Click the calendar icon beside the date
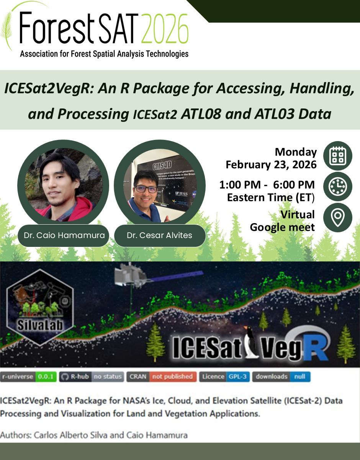point(337,156)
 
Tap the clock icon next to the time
point(337,186)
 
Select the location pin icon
point(337,217)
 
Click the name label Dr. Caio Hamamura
point(64,235)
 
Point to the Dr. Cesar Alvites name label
point(159,235)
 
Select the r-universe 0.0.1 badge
point(29,376)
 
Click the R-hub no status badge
point(92,376)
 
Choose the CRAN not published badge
point(161,376)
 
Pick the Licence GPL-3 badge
point(224,376)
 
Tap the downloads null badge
point(281,376)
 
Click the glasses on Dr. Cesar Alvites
point(146,189)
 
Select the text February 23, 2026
point(271,165)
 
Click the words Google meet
point(282,227)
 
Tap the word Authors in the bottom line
point(16,435)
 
